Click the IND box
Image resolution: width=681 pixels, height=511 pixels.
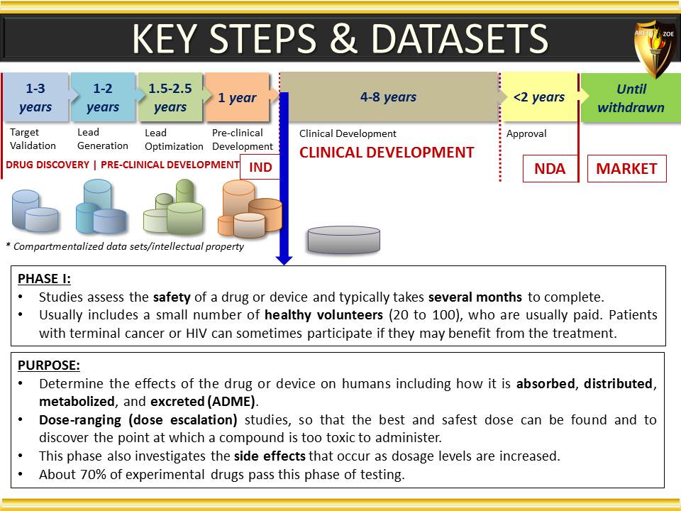click(260, 167)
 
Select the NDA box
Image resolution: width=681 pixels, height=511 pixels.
click(550, 169)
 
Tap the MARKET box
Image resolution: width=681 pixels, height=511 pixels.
click(626, 169)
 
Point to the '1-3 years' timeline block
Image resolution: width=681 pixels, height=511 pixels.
click(36, 97)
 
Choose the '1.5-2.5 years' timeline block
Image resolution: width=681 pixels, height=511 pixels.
click(170, 97)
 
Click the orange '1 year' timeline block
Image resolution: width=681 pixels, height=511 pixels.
click(238, 97)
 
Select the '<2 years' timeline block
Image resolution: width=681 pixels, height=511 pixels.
click(539, 97)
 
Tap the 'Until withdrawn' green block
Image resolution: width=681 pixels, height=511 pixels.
click(631, 98)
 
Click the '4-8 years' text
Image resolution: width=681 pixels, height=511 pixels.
click(388, 97)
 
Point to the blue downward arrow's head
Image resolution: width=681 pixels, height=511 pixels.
click(284, 260)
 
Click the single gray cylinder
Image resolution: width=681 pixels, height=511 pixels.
click(343, 239)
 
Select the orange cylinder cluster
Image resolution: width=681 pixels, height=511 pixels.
click(250, 209)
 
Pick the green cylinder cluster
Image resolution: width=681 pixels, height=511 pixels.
click(174, 207)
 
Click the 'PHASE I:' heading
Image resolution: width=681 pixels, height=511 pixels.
click(44, 279)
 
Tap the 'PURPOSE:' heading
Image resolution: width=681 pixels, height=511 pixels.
click(49, 366)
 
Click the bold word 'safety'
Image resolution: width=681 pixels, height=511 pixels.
click(172, 297)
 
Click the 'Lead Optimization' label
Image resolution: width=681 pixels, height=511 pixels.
click(174, 140)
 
